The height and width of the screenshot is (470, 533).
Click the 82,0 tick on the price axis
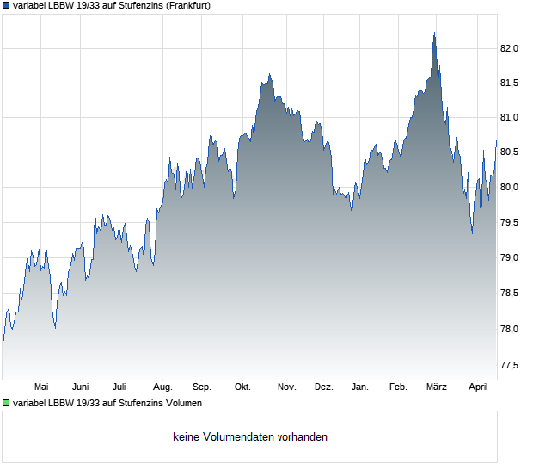[x=509, y=49]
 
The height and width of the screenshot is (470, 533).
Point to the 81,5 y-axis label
[x=509, y=83]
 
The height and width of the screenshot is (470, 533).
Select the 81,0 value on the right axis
[x=509, y=118]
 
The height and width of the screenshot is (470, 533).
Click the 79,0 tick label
[x=509, y=258]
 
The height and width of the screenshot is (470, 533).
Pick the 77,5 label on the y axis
[x=509, y=365]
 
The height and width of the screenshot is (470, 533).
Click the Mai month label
[x=40, y=387]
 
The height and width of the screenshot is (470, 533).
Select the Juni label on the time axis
[x=81, y=387]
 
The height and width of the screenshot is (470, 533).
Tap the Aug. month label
[x=162, y=387]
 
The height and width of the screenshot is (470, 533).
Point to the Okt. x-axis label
[x=242, y=387]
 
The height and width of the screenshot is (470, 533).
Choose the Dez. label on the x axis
[x=323, y=387]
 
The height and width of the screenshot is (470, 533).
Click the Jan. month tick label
[x=360, y=387]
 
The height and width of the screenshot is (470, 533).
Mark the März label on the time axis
[x=437, y=387]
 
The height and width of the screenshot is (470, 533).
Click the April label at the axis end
[x=477, y=387]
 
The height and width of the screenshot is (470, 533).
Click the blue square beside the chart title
[x=6, y=5]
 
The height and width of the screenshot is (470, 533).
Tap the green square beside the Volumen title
[x=6, y=403]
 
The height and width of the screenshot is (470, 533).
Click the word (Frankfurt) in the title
[x=184, y=5]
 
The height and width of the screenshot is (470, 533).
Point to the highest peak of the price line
[x=434, y=34]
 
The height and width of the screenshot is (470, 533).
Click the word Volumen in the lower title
[x=182, y=403]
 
